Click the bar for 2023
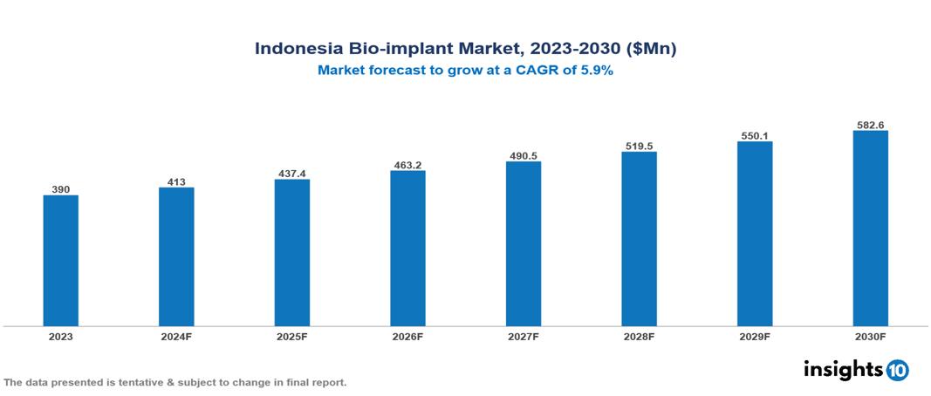click(61, 260)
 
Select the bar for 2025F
click(291, 252)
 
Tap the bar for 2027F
click(523, 243)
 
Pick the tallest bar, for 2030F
click(870, 229)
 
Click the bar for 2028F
click(639, 239)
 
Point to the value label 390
click(61, 188)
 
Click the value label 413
click(176, 181)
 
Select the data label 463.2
click(407, 164)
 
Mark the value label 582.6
click(870, 125)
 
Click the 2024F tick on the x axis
click(176, 337)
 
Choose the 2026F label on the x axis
click(407, 337)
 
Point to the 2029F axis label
click(755, 337)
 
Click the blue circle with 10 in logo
click(897, 370)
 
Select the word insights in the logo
click(843, 369)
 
